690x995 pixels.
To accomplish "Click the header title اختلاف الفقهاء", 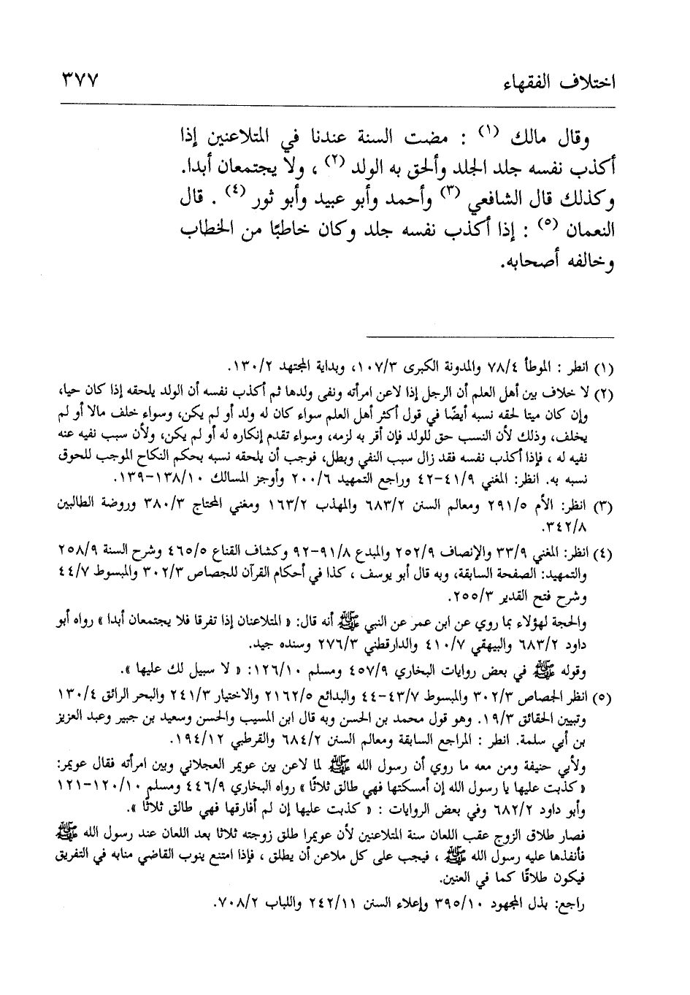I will tap(567, 80).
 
